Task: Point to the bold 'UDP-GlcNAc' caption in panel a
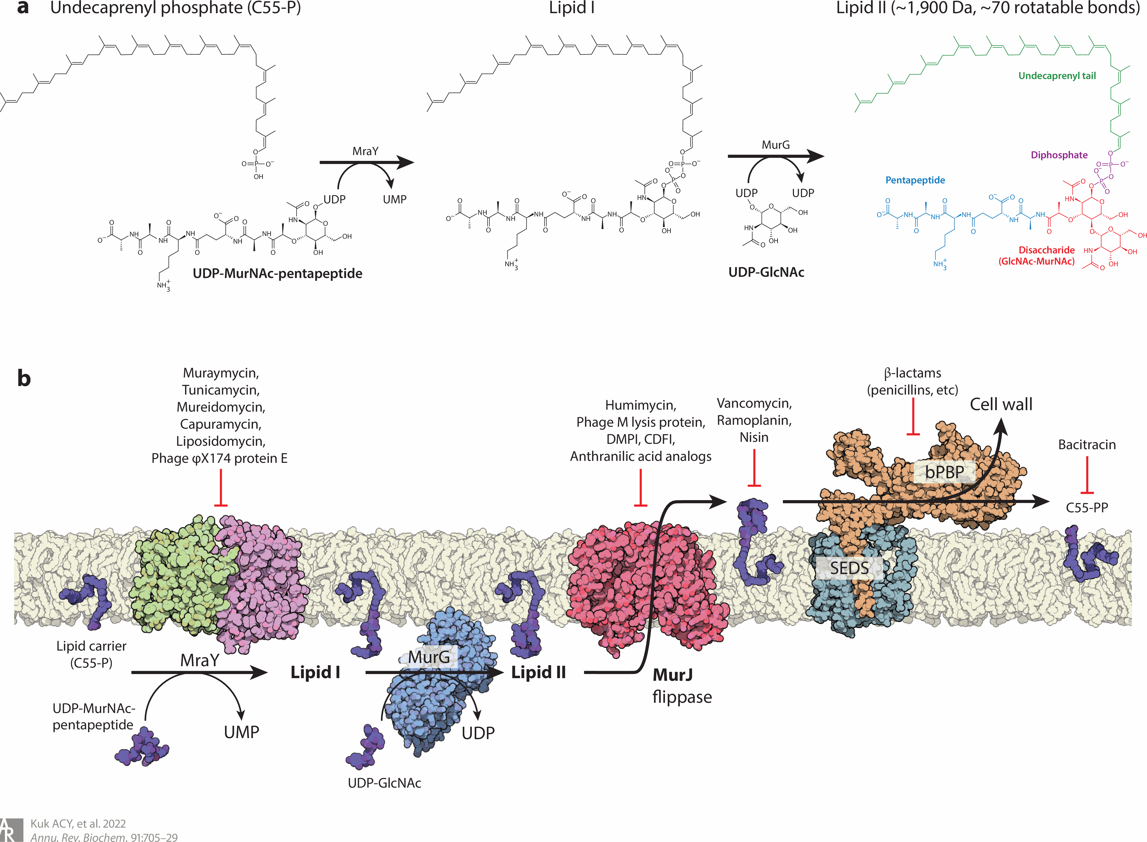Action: coord(766,272)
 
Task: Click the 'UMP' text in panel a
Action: coord(394,199)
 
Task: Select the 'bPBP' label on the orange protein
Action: coord(944,472)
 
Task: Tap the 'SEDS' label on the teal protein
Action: coord(849,568)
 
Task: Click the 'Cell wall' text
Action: coord(1001,404)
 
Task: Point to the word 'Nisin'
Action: coord(754,437)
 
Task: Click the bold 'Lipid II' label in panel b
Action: coord(539,672)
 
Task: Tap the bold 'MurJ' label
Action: coord(672,675)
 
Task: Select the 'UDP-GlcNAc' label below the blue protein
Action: coord(384,783)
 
